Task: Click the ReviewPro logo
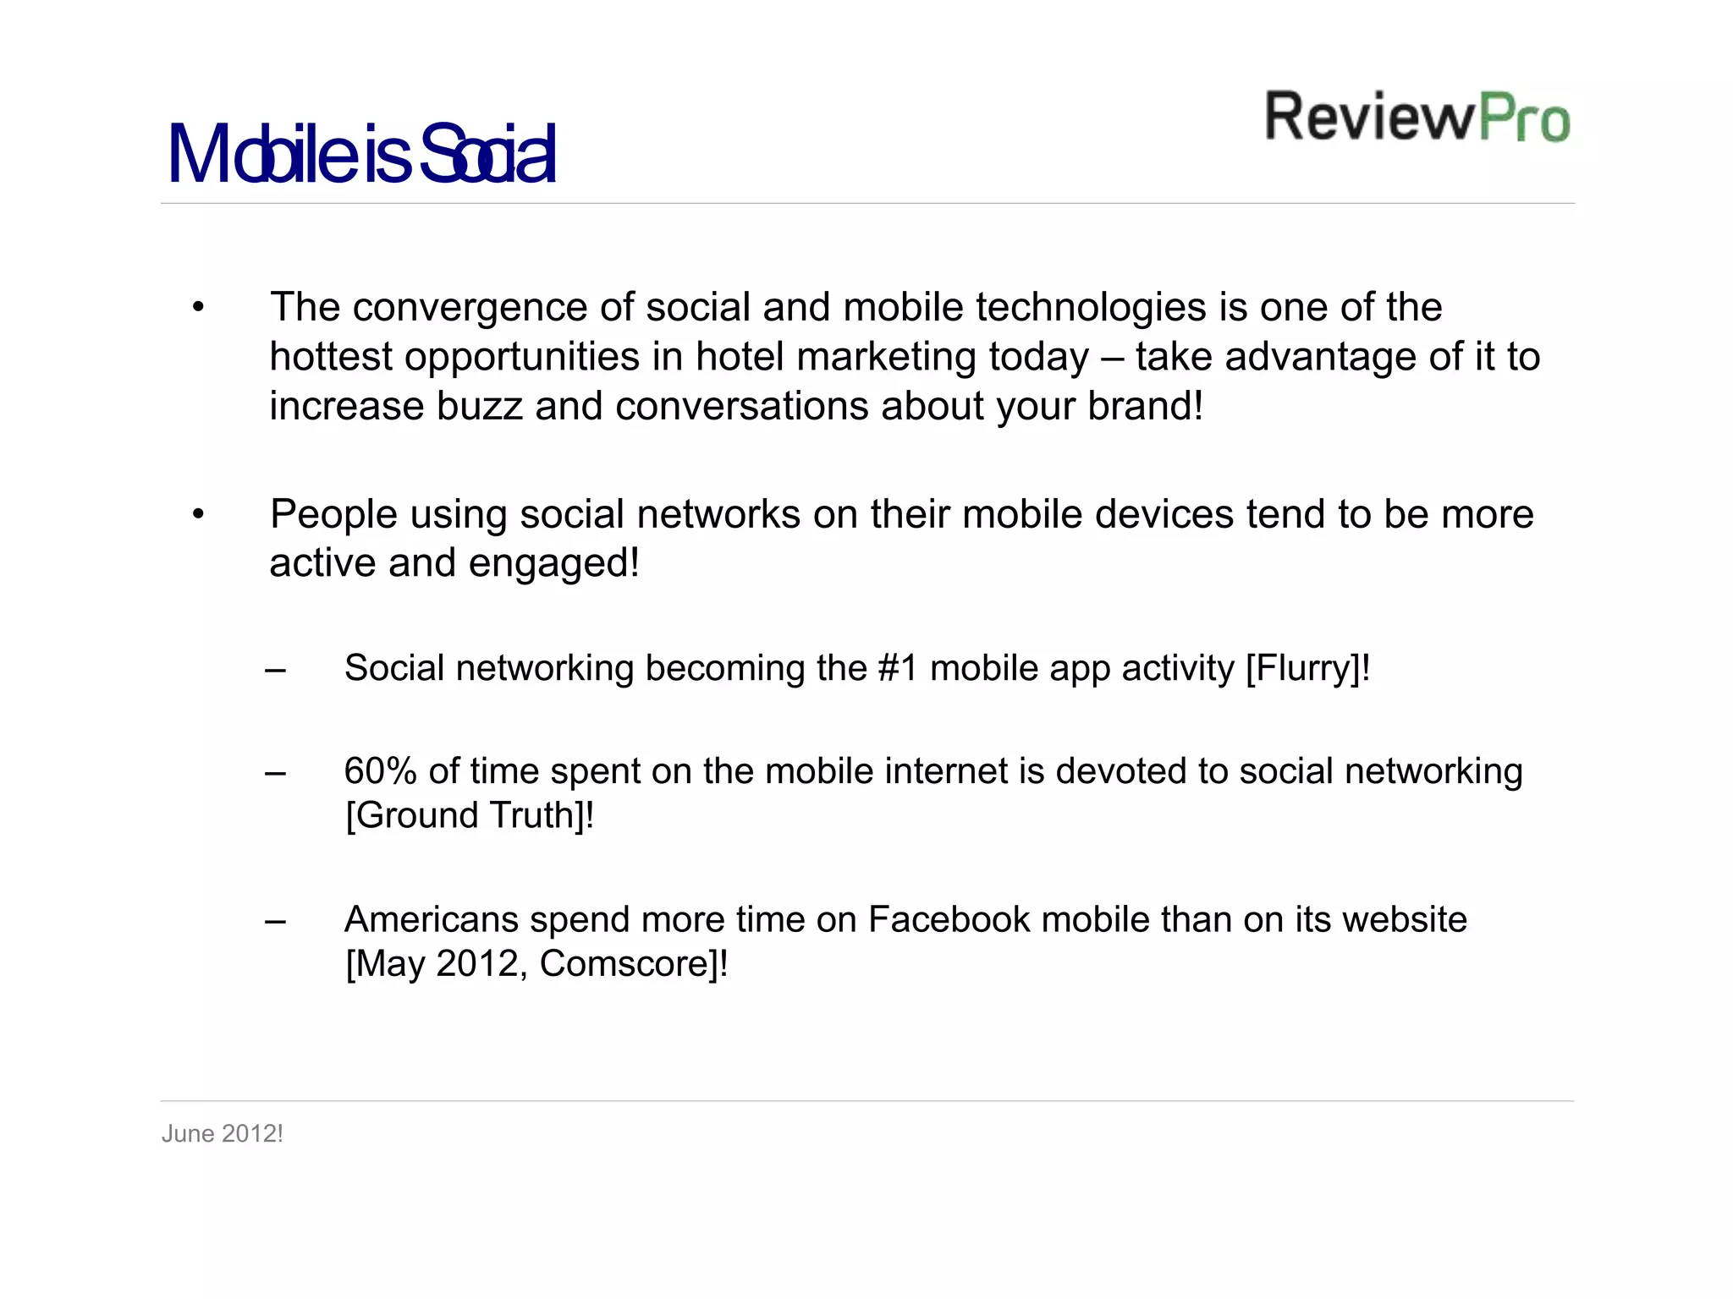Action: pyautogui.click(x=1417, y=117)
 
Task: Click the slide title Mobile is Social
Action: pyautogui.click(x=362, y=155)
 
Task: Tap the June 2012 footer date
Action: pyautogui.click(x=222, y=1134)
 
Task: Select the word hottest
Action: pyautogui.click(x=330, y=357)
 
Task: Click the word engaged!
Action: pyautogui.click(x=554, y=564)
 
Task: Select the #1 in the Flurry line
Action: pyautogui.click(x=898, y=669)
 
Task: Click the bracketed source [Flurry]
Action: pyautogui.click(x=1302, y=669)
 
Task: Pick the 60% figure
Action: pyautogui.click(x=380, y=771)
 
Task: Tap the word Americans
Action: pyautogui.click(x=431, y=920)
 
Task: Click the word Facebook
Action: pyautogui.click(x=949, y=920)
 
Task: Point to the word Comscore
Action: pyautogui.click(x=628, y=964)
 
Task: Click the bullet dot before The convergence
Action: pyautogui.click(x=198, y=308)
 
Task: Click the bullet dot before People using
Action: pyautogui.click(x=198, y=514)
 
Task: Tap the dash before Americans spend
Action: pyautogui.click(x=275, y=922)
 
